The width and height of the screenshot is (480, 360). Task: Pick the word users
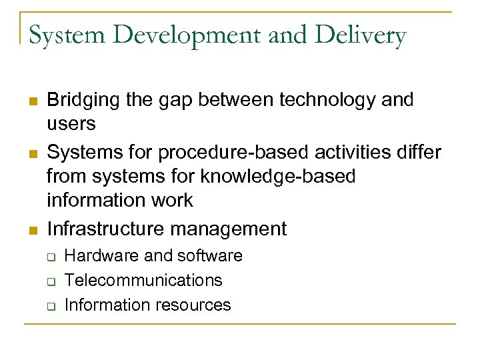pos(71,124)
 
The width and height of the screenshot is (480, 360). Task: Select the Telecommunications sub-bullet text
pos(143,281)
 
